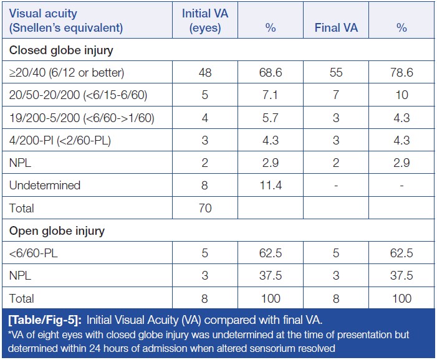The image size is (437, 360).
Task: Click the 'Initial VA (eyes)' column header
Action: click(x=205, y=21)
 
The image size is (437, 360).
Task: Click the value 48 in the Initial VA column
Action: click(x=205, y=73)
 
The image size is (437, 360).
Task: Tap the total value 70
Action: click(x=205, y=208)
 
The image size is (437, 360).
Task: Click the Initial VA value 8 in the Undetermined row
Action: click(x=205, y=186)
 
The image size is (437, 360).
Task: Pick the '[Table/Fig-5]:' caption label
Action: click(x=45, y=321)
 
